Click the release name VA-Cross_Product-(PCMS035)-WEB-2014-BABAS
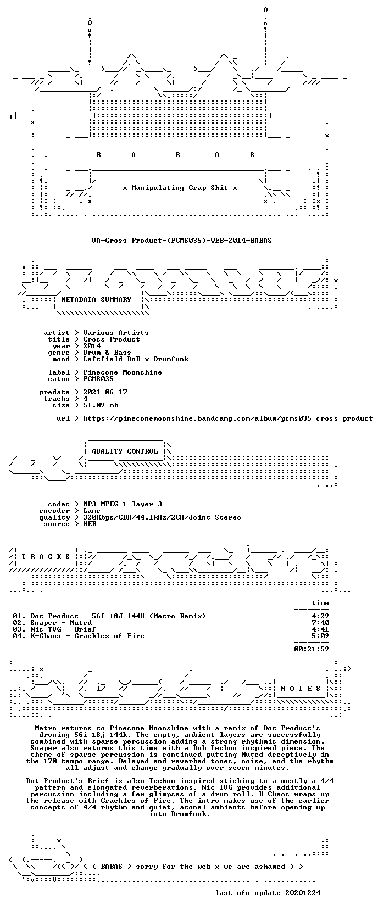182,241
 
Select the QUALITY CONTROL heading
125,451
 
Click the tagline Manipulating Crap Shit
180,188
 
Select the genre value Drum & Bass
107,353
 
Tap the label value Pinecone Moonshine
123,372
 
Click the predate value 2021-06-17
105,392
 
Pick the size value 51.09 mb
101,405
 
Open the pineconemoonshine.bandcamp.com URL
228,418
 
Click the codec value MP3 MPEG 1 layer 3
123,504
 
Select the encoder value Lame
92,511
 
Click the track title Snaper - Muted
61,623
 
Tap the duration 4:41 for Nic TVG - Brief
320,629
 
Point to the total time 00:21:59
312,649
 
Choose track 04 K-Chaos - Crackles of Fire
79,636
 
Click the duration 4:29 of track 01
320,616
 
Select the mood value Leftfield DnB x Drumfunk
136,359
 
